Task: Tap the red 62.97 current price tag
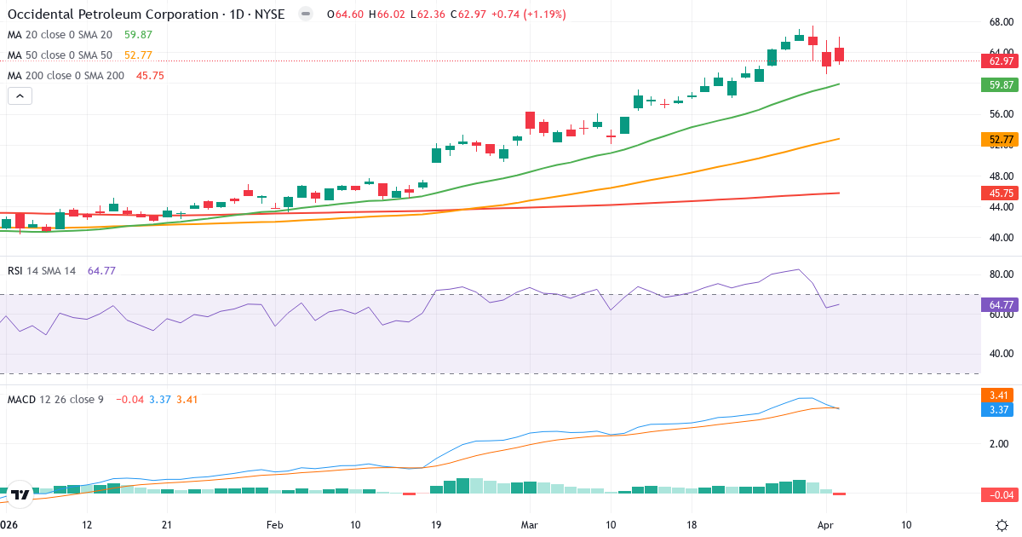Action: click(x=1001, y=61)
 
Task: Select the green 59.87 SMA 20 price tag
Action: click(x=1001, y=84)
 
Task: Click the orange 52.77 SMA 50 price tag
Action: click(x=1001, y=139)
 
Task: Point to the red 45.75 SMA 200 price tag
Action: click(x=1001, y=193)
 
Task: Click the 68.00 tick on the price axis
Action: click(x=1001, y=22)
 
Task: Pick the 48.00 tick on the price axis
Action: click(x=1001, y=176)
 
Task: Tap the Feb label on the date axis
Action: click(x=274, y=525)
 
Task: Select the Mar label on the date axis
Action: click(x=530, y=525)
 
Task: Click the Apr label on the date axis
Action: click(x=825, y=525)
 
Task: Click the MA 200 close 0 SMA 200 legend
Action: click(x=66, y=75)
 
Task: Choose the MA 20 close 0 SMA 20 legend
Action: click(x=60, y=34)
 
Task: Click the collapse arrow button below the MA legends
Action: click(x=20, y=96)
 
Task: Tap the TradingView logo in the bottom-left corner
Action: click(x=20, y=494)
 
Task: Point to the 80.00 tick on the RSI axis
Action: click(x=1001, y=274)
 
